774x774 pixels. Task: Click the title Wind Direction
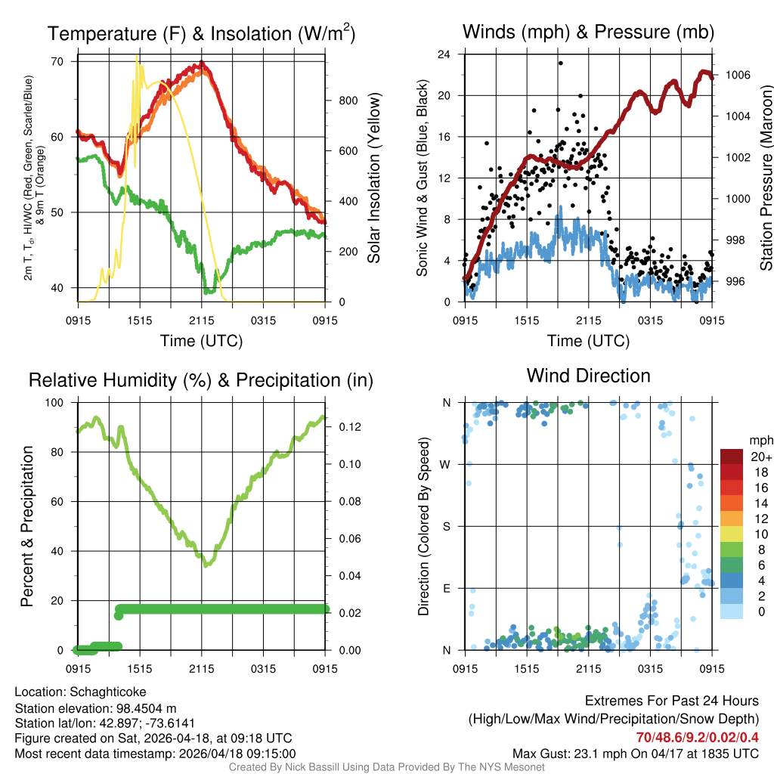tap(588, 376)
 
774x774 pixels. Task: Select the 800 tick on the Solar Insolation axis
tap(342, 101)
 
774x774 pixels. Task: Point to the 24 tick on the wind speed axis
tap(444, 54)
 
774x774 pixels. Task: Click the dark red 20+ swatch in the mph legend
tap(732, 457)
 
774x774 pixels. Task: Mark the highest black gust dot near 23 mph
tap(560, 63)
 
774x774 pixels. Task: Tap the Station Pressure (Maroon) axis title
tap(766, 178)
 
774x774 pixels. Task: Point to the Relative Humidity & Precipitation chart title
tap(201, 379)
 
